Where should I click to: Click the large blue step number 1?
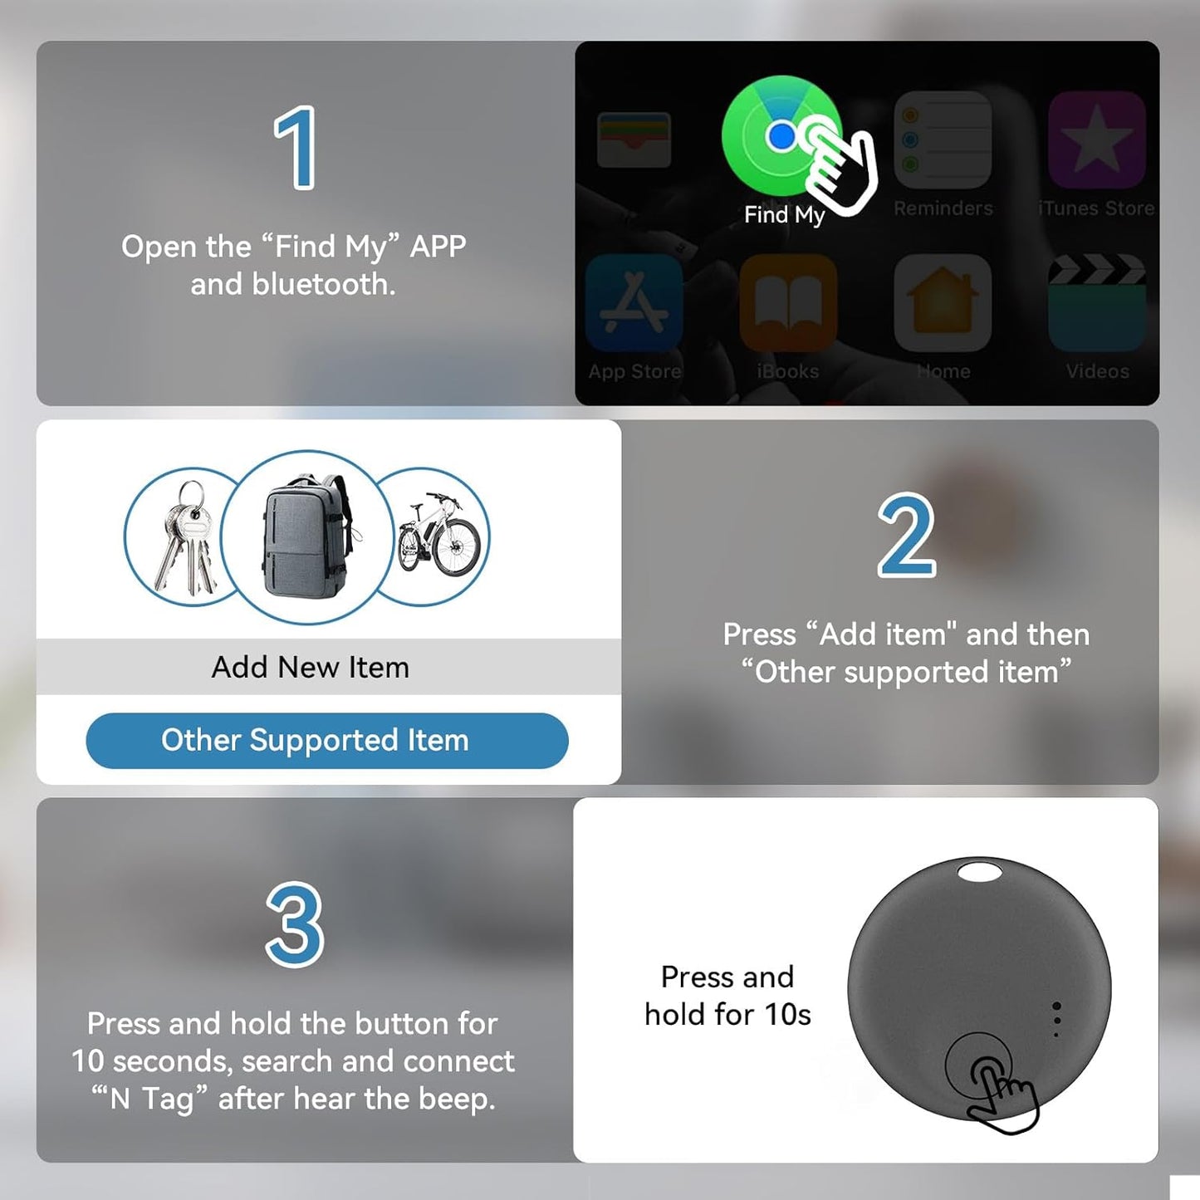[296, 148]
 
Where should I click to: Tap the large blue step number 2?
[906, 535]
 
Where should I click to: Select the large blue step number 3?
[295, 924]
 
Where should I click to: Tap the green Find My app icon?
[781, 136]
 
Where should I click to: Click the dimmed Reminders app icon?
[943, 139]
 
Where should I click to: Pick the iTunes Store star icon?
[1096, 139]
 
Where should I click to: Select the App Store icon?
[634, 302]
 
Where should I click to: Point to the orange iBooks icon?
[788, 302]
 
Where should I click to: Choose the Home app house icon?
[943, 302]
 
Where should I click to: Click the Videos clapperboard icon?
[1097, 302]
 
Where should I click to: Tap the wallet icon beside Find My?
[634, 140]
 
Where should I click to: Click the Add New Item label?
[310, 667]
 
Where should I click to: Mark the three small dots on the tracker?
[1056, 1019]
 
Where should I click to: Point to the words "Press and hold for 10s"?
[727, 995]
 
